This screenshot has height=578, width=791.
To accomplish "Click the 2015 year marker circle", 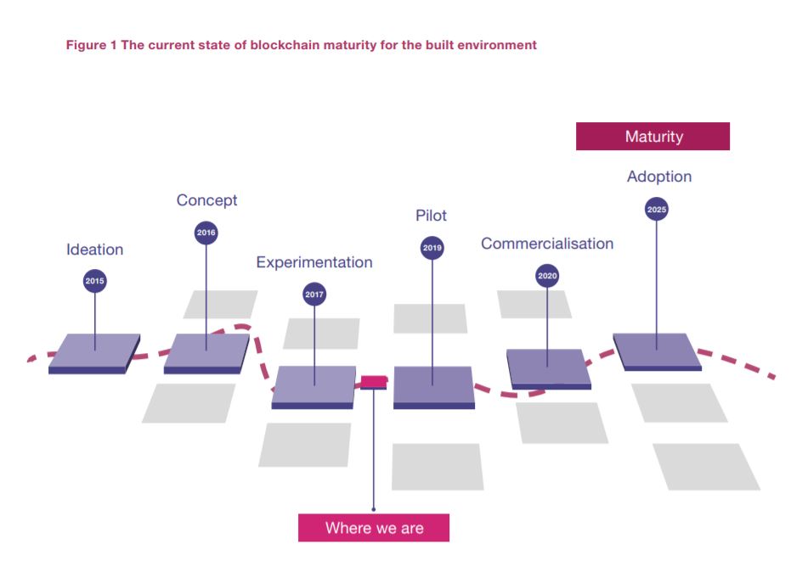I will [x=95, y=281].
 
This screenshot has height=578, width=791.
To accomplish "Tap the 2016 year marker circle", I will [x=206, y=233].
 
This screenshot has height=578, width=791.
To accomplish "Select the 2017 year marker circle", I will [x=314, y=295].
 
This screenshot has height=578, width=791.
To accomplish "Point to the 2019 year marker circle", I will [x=432, y=248].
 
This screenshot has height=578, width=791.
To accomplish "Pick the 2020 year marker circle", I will [x=548, y=276].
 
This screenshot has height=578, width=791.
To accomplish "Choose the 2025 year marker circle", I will [x=657, y=209].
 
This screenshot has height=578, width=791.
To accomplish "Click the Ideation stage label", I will [x=95, y=250].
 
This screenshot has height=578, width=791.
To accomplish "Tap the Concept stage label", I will [x=206, y=200].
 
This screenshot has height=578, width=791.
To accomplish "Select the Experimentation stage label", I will [x=314, y=262].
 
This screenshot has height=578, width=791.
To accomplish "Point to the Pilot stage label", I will [x=432, y=216].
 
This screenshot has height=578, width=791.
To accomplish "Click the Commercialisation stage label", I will [x=547, y=244].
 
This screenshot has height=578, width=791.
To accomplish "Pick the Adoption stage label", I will [x=659, y=177].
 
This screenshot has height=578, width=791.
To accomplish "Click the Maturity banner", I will [x=653, y=137].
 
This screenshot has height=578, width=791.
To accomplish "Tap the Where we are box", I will [x=374, y=528].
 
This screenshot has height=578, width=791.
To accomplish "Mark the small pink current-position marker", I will [x=374, y=381].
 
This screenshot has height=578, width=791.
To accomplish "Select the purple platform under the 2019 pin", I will [x=433, y=385].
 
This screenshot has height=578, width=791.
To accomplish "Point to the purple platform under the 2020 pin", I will [x=548, y=368].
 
